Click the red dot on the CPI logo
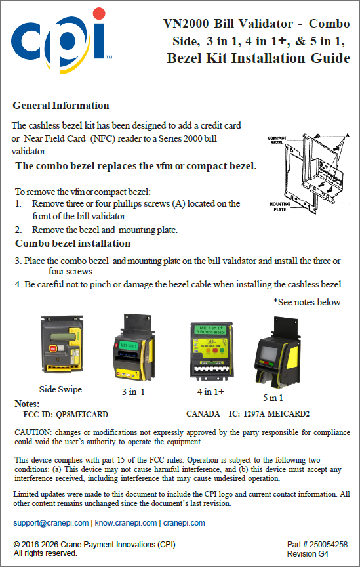click(98, 13)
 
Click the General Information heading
click(61, 106)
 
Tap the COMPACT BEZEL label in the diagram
click(277, 140)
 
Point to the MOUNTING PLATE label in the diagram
click(280, 207)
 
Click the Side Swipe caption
click(60, 389)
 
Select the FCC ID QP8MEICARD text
click(66, 414)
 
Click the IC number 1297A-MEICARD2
click(277, 414)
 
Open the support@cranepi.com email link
click(51, 523)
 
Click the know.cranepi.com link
click(126, 523)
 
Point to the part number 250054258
click(328, 545)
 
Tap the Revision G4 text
click(308, 554)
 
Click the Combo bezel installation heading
click(73, 243)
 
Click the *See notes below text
click(307, 302)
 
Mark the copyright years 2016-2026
click(40, 545)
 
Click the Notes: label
click(27, 404)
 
